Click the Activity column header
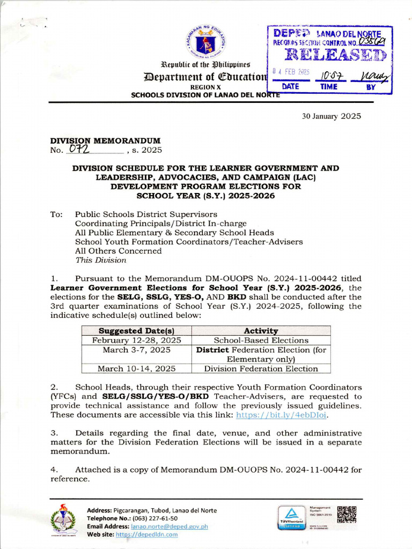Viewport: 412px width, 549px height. [261, 331]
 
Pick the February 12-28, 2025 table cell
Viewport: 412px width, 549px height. [136, 340]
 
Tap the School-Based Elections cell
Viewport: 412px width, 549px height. [261, 340]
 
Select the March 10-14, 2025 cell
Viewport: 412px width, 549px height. [136, 368]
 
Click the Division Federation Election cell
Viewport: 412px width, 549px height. [261, 368]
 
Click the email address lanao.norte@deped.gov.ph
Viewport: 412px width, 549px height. [170, 526]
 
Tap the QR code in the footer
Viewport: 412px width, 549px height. [346, 514]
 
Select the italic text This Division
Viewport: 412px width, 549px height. [100, 260]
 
